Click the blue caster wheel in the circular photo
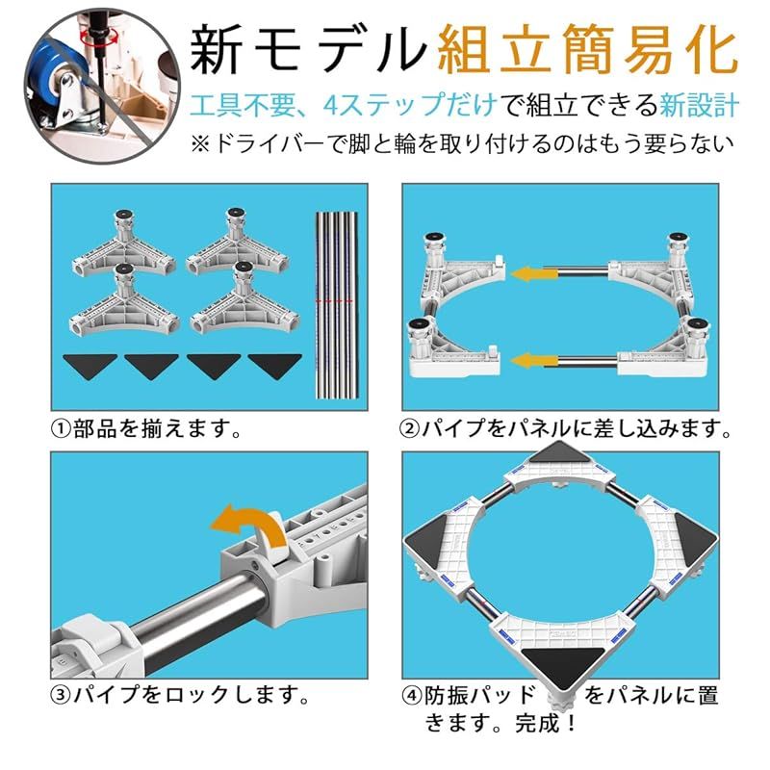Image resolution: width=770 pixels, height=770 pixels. (49, 84)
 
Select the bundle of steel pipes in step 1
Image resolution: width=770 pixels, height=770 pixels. (336, 304)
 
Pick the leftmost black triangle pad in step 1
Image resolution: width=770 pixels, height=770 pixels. (90, 365)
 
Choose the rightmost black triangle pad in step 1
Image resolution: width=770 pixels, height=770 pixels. (274, 365)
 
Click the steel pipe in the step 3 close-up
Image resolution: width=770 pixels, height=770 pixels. (196, 609)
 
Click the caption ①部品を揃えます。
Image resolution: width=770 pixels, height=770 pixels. (146, 428)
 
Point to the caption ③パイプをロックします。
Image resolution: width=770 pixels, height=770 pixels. (180, 694)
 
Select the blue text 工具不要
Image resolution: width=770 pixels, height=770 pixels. (239, 105)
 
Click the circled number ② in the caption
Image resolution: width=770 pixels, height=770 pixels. (410, 428)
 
